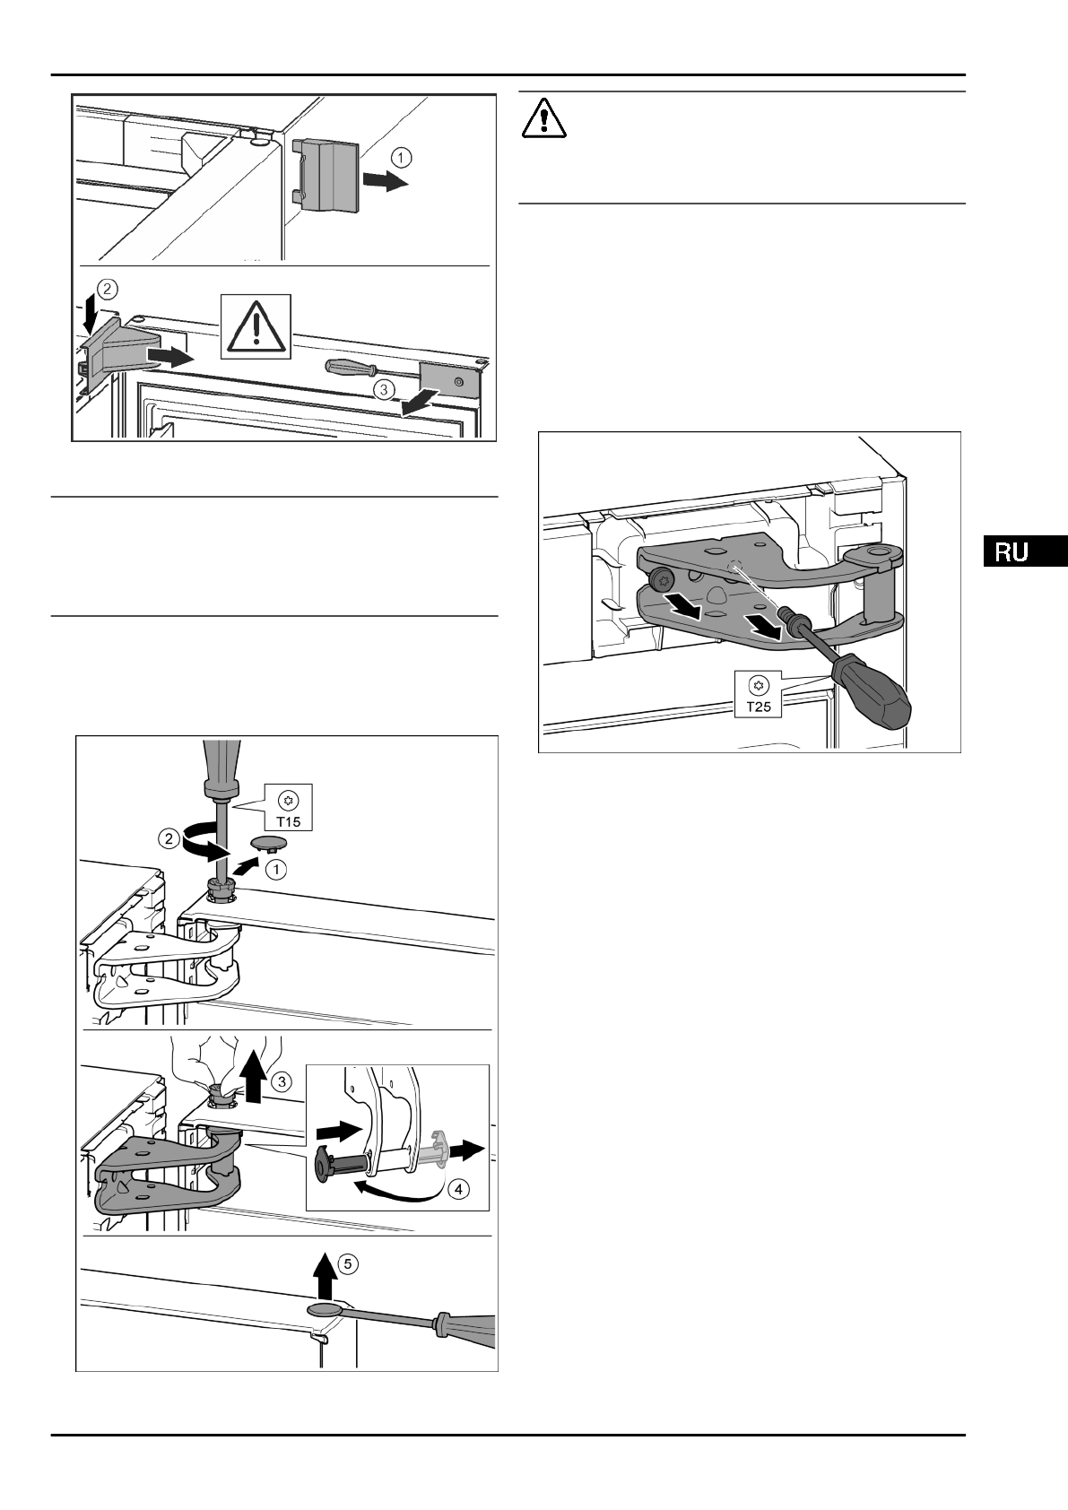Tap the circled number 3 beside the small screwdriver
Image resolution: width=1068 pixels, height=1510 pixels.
(x=383, y=389)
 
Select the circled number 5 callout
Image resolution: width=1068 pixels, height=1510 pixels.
(x=350, y=1263)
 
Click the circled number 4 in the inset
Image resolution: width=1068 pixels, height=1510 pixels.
(x=456, y=1190)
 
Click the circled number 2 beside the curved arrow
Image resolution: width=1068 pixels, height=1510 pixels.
(x=169, y=840)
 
